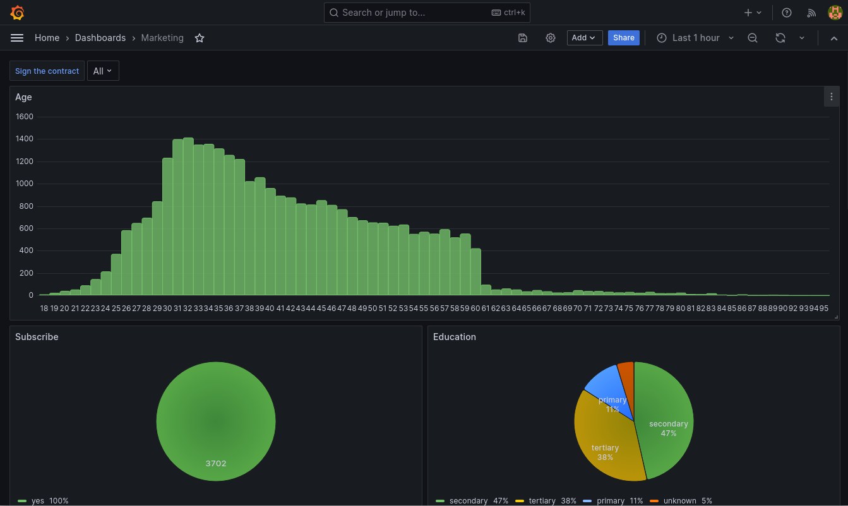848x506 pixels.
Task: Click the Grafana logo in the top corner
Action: (17, 13)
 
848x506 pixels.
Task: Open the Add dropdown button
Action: (584, 38)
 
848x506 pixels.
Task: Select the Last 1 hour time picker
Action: (695, 38)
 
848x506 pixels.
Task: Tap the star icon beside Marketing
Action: (200, 38)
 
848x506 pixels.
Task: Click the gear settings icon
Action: (551, 38)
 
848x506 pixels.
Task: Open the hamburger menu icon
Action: (17, 38)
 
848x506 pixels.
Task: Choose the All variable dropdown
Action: (102, 71)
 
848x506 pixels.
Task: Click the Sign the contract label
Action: (47, 71)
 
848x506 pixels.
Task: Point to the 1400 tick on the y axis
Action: (25, 139)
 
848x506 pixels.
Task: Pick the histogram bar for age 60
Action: (475, 272)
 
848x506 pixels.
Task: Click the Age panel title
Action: (23, 97)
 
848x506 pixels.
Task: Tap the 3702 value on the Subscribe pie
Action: (216, 463)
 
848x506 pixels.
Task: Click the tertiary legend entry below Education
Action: (542, 501)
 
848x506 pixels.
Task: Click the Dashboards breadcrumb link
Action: (100, 38)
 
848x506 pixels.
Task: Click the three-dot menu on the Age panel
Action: (832, 97)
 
